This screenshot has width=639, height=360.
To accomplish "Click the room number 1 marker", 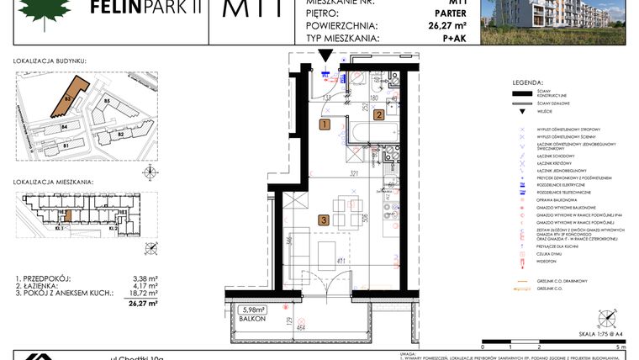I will pyautogui.click(x=325, y=124).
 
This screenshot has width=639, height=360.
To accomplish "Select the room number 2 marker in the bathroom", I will pyautogui.click(x=379, y=116).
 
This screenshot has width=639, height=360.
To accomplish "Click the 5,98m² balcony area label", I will pyautogui.click(x=251, y=309).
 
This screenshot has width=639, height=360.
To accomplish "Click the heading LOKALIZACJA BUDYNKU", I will pyautogui.click(x=50, y=61).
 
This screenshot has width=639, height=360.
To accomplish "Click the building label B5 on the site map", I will pyautogui.click(x=108, y=101).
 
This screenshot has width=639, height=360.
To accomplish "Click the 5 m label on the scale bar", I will pyautogui.click(x=618, y=347).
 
